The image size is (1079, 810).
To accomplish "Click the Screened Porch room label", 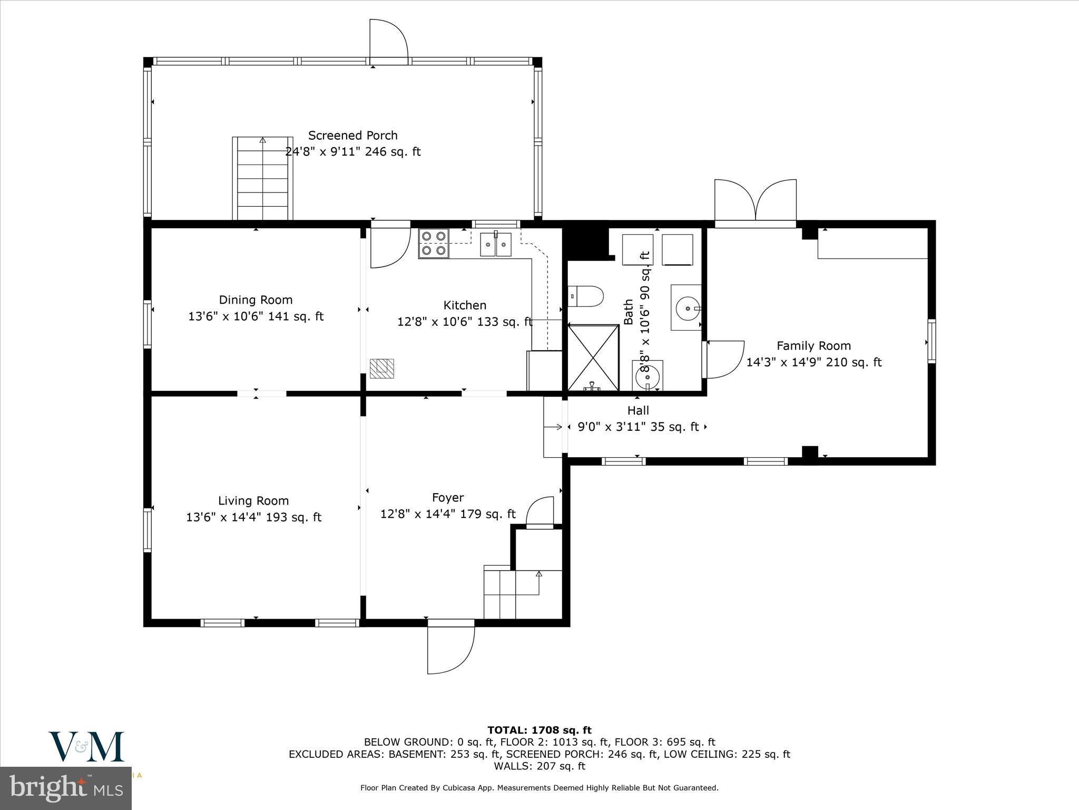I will [352, 136].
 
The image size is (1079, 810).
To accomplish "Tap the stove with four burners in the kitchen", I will [434, 243].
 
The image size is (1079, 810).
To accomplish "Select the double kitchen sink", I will [496, 244].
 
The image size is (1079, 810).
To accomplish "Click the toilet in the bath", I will [586, 296].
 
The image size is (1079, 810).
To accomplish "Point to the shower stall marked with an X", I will [593, 358].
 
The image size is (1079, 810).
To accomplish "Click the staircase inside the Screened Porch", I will [262, 178].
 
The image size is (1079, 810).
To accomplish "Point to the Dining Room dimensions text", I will [256, 316].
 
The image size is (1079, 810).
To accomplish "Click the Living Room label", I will [253, 500].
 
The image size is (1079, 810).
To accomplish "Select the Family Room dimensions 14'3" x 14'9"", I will [813, 362].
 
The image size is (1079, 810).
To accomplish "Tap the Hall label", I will [638, 410].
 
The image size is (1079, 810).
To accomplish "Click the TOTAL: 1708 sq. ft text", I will [539, 730].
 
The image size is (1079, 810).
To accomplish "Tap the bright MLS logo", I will [65, 788].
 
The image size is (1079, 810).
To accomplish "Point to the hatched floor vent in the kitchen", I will [381, 368].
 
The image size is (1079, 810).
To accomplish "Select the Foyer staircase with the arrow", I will [522, 593].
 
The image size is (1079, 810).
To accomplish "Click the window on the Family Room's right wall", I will [931, 341].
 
